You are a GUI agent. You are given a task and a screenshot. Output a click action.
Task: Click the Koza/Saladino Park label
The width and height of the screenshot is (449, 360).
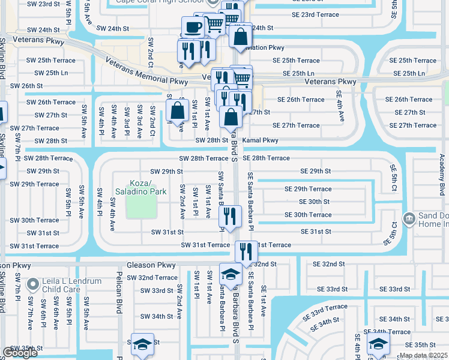(140, 187)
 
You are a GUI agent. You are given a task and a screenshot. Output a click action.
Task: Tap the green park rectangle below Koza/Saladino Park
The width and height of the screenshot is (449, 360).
(142, 208)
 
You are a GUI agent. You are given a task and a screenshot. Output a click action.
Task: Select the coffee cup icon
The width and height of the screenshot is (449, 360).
(193, 27)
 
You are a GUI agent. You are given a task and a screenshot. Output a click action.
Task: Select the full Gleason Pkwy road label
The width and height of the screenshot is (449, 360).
(151, 265)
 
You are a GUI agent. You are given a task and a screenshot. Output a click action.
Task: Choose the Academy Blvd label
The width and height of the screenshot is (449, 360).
(442, 173)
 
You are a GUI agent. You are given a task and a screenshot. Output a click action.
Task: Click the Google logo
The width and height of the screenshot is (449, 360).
(20, 353)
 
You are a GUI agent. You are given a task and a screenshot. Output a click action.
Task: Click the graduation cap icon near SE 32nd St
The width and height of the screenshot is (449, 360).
(231, 274)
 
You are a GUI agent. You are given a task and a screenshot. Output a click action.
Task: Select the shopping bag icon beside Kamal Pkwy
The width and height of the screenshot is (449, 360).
(231, 117)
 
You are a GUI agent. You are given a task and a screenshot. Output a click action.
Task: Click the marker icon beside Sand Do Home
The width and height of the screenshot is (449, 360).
(409, 218)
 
